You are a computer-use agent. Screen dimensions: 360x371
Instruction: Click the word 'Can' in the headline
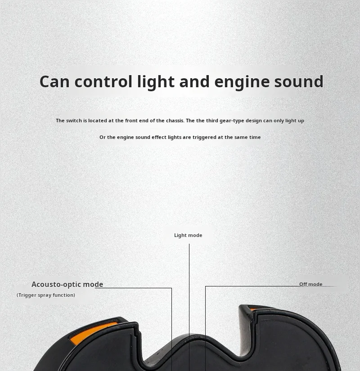pos(54,82)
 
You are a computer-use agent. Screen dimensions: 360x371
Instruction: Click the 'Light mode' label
pos(188,235)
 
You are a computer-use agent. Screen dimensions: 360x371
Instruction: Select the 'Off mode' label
pos(310,284)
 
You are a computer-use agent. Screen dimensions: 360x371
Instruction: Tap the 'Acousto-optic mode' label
pos(67,284)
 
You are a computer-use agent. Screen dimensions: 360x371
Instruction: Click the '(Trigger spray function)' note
pos(46,295)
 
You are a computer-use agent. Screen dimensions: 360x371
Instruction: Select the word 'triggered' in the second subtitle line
pos(204,137)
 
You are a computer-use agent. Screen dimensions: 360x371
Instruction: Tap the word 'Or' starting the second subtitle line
pos(103,137)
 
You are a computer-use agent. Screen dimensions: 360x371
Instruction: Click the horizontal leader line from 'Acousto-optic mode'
pos(135,288)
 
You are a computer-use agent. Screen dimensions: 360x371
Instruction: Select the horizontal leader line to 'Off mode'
pos(252,286)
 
